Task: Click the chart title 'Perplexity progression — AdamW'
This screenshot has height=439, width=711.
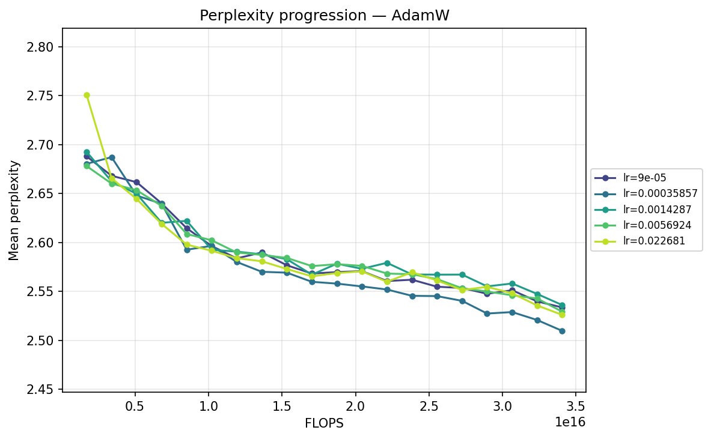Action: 325,16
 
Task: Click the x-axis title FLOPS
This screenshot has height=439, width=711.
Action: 324,423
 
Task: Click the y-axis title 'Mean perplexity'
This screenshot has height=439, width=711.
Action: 14,210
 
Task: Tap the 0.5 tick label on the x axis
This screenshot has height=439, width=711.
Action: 135,405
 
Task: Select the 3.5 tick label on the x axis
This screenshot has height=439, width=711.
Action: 576,405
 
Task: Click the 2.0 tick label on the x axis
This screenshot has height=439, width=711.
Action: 355,405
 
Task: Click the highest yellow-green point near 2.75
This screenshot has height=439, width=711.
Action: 87,95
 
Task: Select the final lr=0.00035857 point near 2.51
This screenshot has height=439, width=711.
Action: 562,331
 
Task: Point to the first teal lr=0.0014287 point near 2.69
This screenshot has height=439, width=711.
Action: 87,153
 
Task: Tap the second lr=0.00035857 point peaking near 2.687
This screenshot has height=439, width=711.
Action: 112,157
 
